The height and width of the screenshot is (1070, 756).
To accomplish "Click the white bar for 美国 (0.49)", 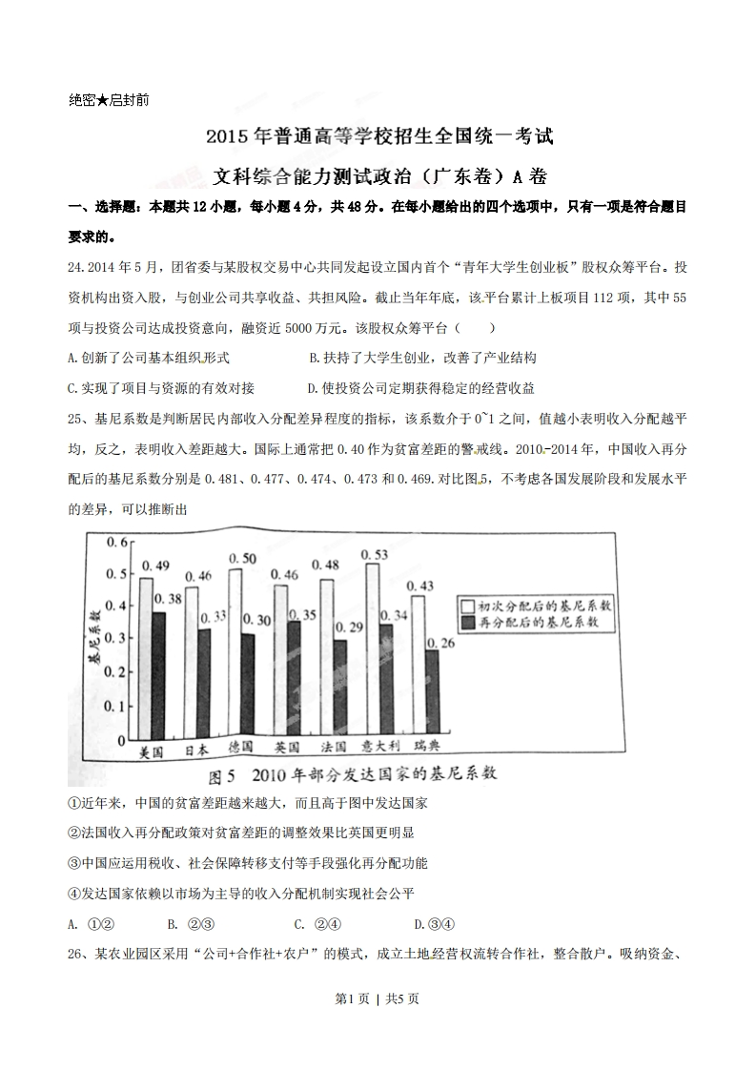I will (x=146, y=658).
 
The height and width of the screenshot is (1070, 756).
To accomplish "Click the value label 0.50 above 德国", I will (x=242, y=558).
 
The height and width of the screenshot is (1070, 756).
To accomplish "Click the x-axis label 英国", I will (x=287, y=749).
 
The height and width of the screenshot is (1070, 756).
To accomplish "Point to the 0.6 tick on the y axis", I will (x=115, y=544).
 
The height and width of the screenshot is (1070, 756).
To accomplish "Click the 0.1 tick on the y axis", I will (x=115, y=707).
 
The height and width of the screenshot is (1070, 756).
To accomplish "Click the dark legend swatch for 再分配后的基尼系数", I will (x=468, y=623).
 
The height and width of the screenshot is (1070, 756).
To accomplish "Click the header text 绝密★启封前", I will (x=109, y=99).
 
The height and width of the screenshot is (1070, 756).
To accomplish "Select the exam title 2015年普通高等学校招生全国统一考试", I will (x=378, y=136).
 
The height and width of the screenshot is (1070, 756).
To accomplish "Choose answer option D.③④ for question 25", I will (x=435, y=923).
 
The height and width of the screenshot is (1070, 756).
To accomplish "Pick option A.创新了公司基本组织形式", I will (x=150, y=359).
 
